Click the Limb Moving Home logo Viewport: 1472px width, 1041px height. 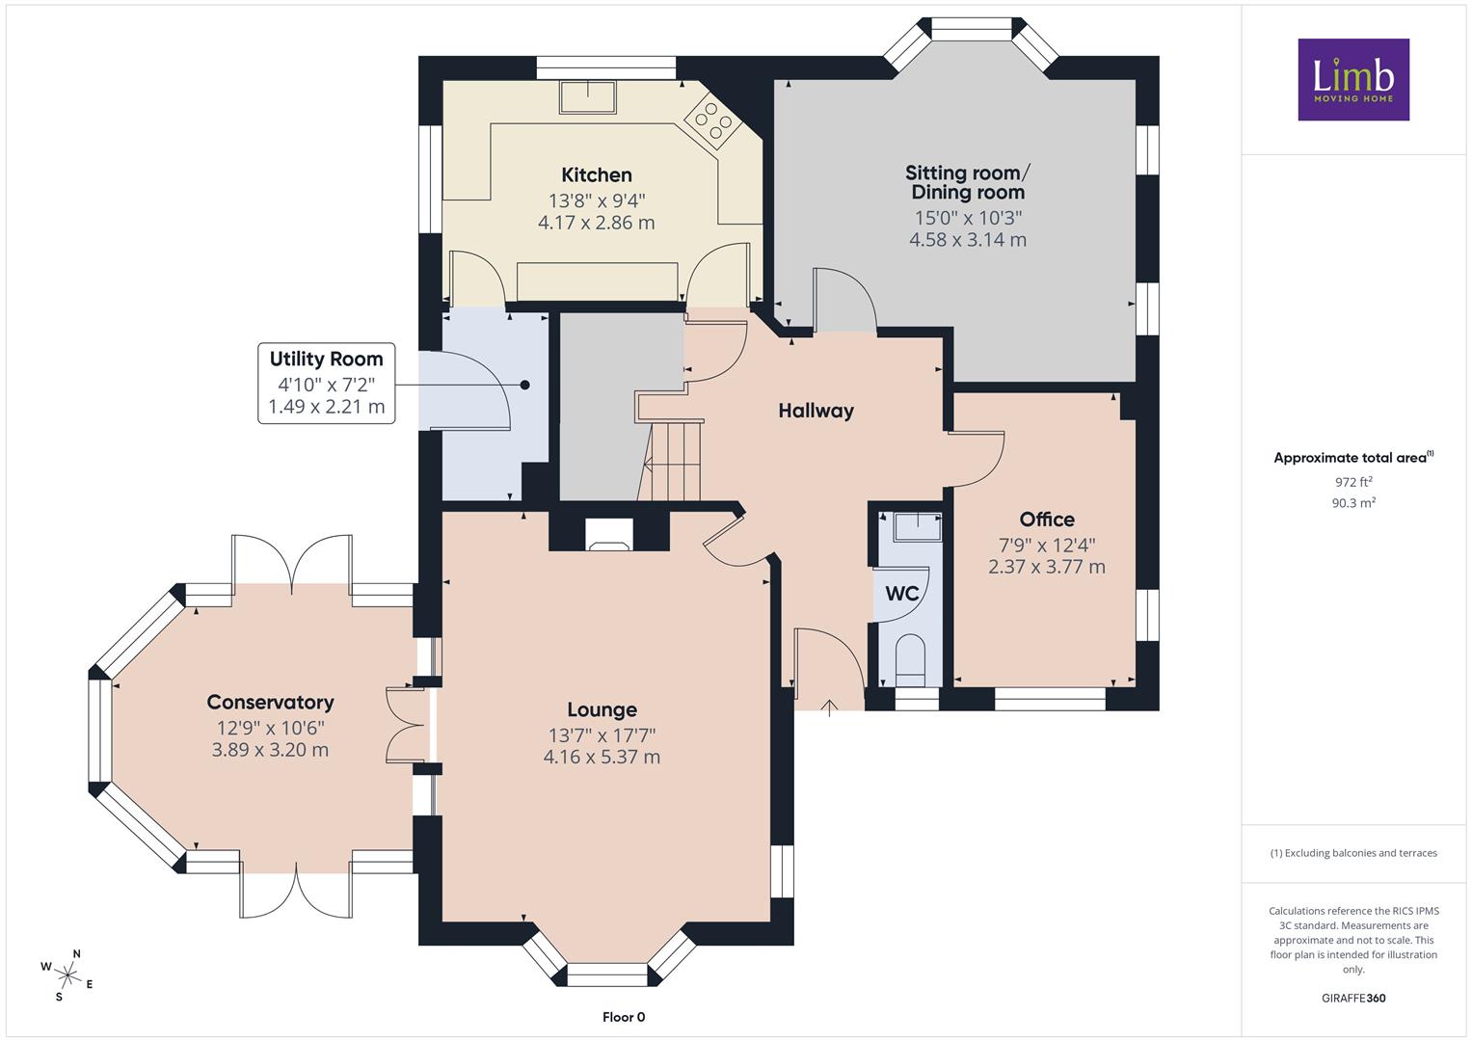1353,79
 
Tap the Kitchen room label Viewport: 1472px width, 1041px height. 596,174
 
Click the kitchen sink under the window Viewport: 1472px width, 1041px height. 587,96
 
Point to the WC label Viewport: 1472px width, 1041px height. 901,594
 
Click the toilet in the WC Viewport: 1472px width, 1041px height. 910,660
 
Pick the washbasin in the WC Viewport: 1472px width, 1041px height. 918,527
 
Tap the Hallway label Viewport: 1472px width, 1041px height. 816,411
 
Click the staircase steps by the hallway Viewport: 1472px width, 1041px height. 670,462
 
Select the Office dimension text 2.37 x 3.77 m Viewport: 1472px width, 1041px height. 1046,567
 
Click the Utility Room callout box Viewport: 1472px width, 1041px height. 327,384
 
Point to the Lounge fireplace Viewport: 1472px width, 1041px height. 609,534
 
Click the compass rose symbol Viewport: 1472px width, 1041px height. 67,974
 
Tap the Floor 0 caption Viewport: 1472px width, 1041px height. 624,1017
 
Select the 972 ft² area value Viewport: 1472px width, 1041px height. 1353,482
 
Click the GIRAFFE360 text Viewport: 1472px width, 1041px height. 1353,998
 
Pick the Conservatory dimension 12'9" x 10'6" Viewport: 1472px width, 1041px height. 271,728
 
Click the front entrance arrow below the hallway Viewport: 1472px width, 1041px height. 829,708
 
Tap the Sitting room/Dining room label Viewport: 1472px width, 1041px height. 968,182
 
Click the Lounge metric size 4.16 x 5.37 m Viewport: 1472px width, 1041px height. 602,757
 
